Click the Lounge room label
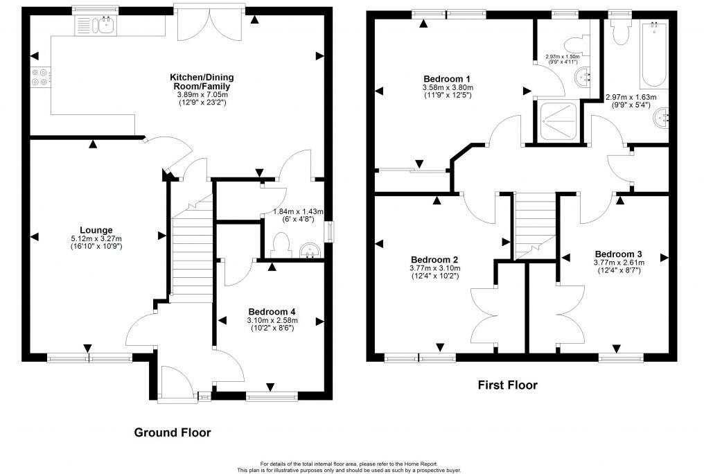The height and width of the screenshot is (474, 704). pos(96,230)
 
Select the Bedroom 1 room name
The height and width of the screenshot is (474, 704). pos(447,78)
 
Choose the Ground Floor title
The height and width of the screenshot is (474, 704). pos(172,432)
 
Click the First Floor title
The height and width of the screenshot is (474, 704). pos(507,385)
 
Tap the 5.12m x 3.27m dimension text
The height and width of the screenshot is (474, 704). pos(96,239)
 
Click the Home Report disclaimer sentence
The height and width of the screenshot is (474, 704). pos(349,464)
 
